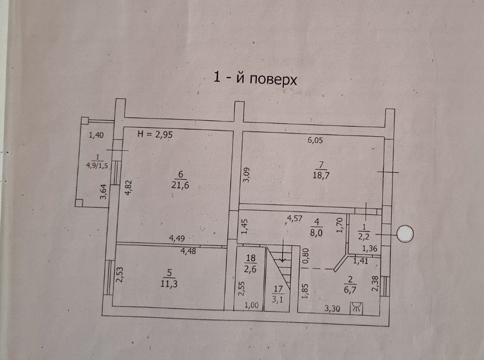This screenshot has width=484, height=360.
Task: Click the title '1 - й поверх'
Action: (255, 78)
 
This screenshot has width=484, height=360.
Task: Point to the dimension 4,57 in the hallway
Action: (296, 218)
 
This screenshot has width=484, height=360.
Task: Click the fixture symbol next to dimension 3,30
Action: (355, 307)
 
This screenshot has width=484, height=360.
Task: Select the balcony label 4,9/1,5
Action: (97, 165)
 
